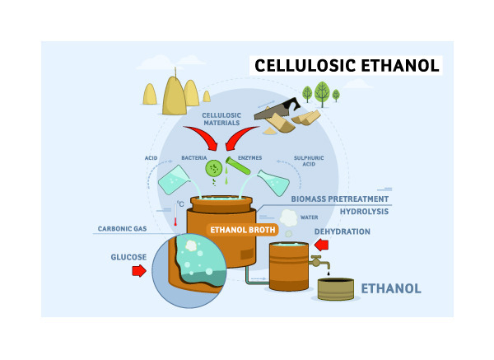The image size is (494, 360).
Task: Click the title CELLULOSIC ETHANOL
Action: (x=347, y=66)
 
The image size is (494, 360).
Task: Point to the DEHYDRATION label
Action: (x=342, y=231)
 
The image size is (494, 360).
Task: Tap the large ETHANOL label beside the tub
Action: (x=391, y=288)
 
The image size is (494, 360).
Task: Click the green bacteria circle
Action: (x=215, y=169)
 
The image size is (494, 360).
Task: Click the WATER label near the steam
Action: (x=309, y=217)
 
